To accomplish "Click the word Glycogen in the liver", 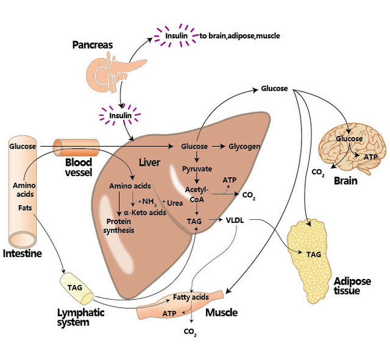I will pyautogui.click(x=244, y=147).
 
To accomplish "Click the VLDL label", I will pyautogui.click(x=235, y=221).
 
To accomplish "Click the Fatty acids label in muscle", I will pyautogui.click(x=191, y=297).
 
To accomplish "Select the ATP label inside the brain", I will pyautogui.click(x=370, y=157).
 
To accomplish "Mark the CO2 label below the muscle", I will pyautogui.click(x=190, y=332).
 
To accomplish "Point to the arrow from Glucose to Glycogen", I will pyautogui.click(x=219, y=147).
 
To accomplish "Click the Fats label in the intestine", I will pyautogui.click(x=25, y=207).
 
